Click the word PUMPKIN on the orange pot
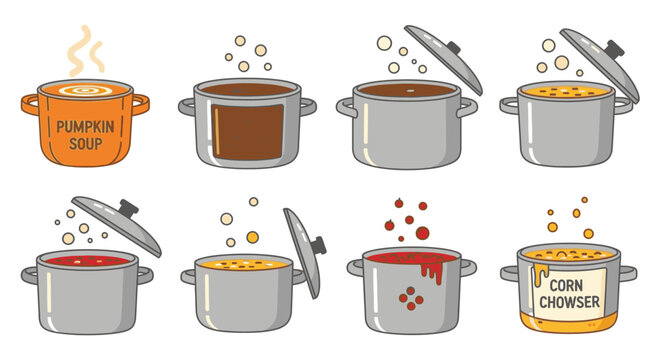86,127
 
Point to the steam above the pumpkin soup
84,51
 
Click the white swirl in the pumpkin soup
85,92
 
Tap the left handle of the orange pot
31,104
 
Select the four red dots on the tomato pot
409,295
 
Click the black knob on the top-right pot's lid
614,49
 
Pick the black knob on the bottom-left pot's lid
127,208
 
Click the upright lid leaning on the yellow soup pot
302,250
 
